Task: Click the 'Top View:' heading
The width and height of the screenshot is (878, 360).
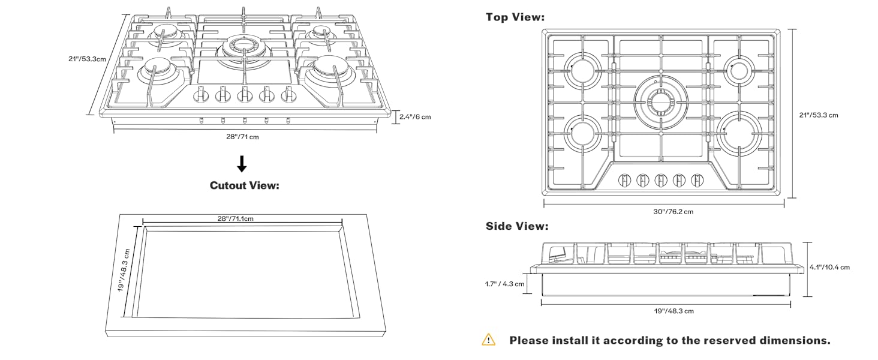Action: tap(515, 17)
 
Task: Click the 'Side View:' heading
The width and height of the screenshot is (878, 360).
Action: tap(516, 226)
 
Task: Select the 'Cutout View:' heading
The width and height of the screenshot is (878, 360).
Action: tap(245, 185)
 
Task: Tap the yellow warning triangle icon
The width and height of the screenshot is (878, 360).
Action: tap(489, 340)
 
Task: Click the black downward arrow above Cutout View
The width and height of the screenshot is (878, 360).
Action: tap(242, 164)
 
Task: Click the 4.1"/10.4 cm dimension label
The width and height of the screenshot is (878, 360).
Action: tap(829, 267)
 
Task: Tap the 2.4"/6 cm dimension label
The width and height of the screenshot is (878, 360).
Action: tap(415, 117)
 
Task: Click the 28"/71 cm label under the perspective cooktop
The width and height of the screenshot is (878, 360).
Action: tap(242, 137)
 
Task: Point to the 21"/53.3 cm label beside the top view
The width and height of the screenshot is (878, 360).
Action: tap(819, 115)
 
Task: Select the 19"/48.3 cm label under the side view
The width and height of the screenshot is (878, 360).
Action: tap(673, 311)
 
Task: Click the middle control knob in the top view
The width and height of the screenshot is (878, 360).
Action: tap(661, 179)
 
